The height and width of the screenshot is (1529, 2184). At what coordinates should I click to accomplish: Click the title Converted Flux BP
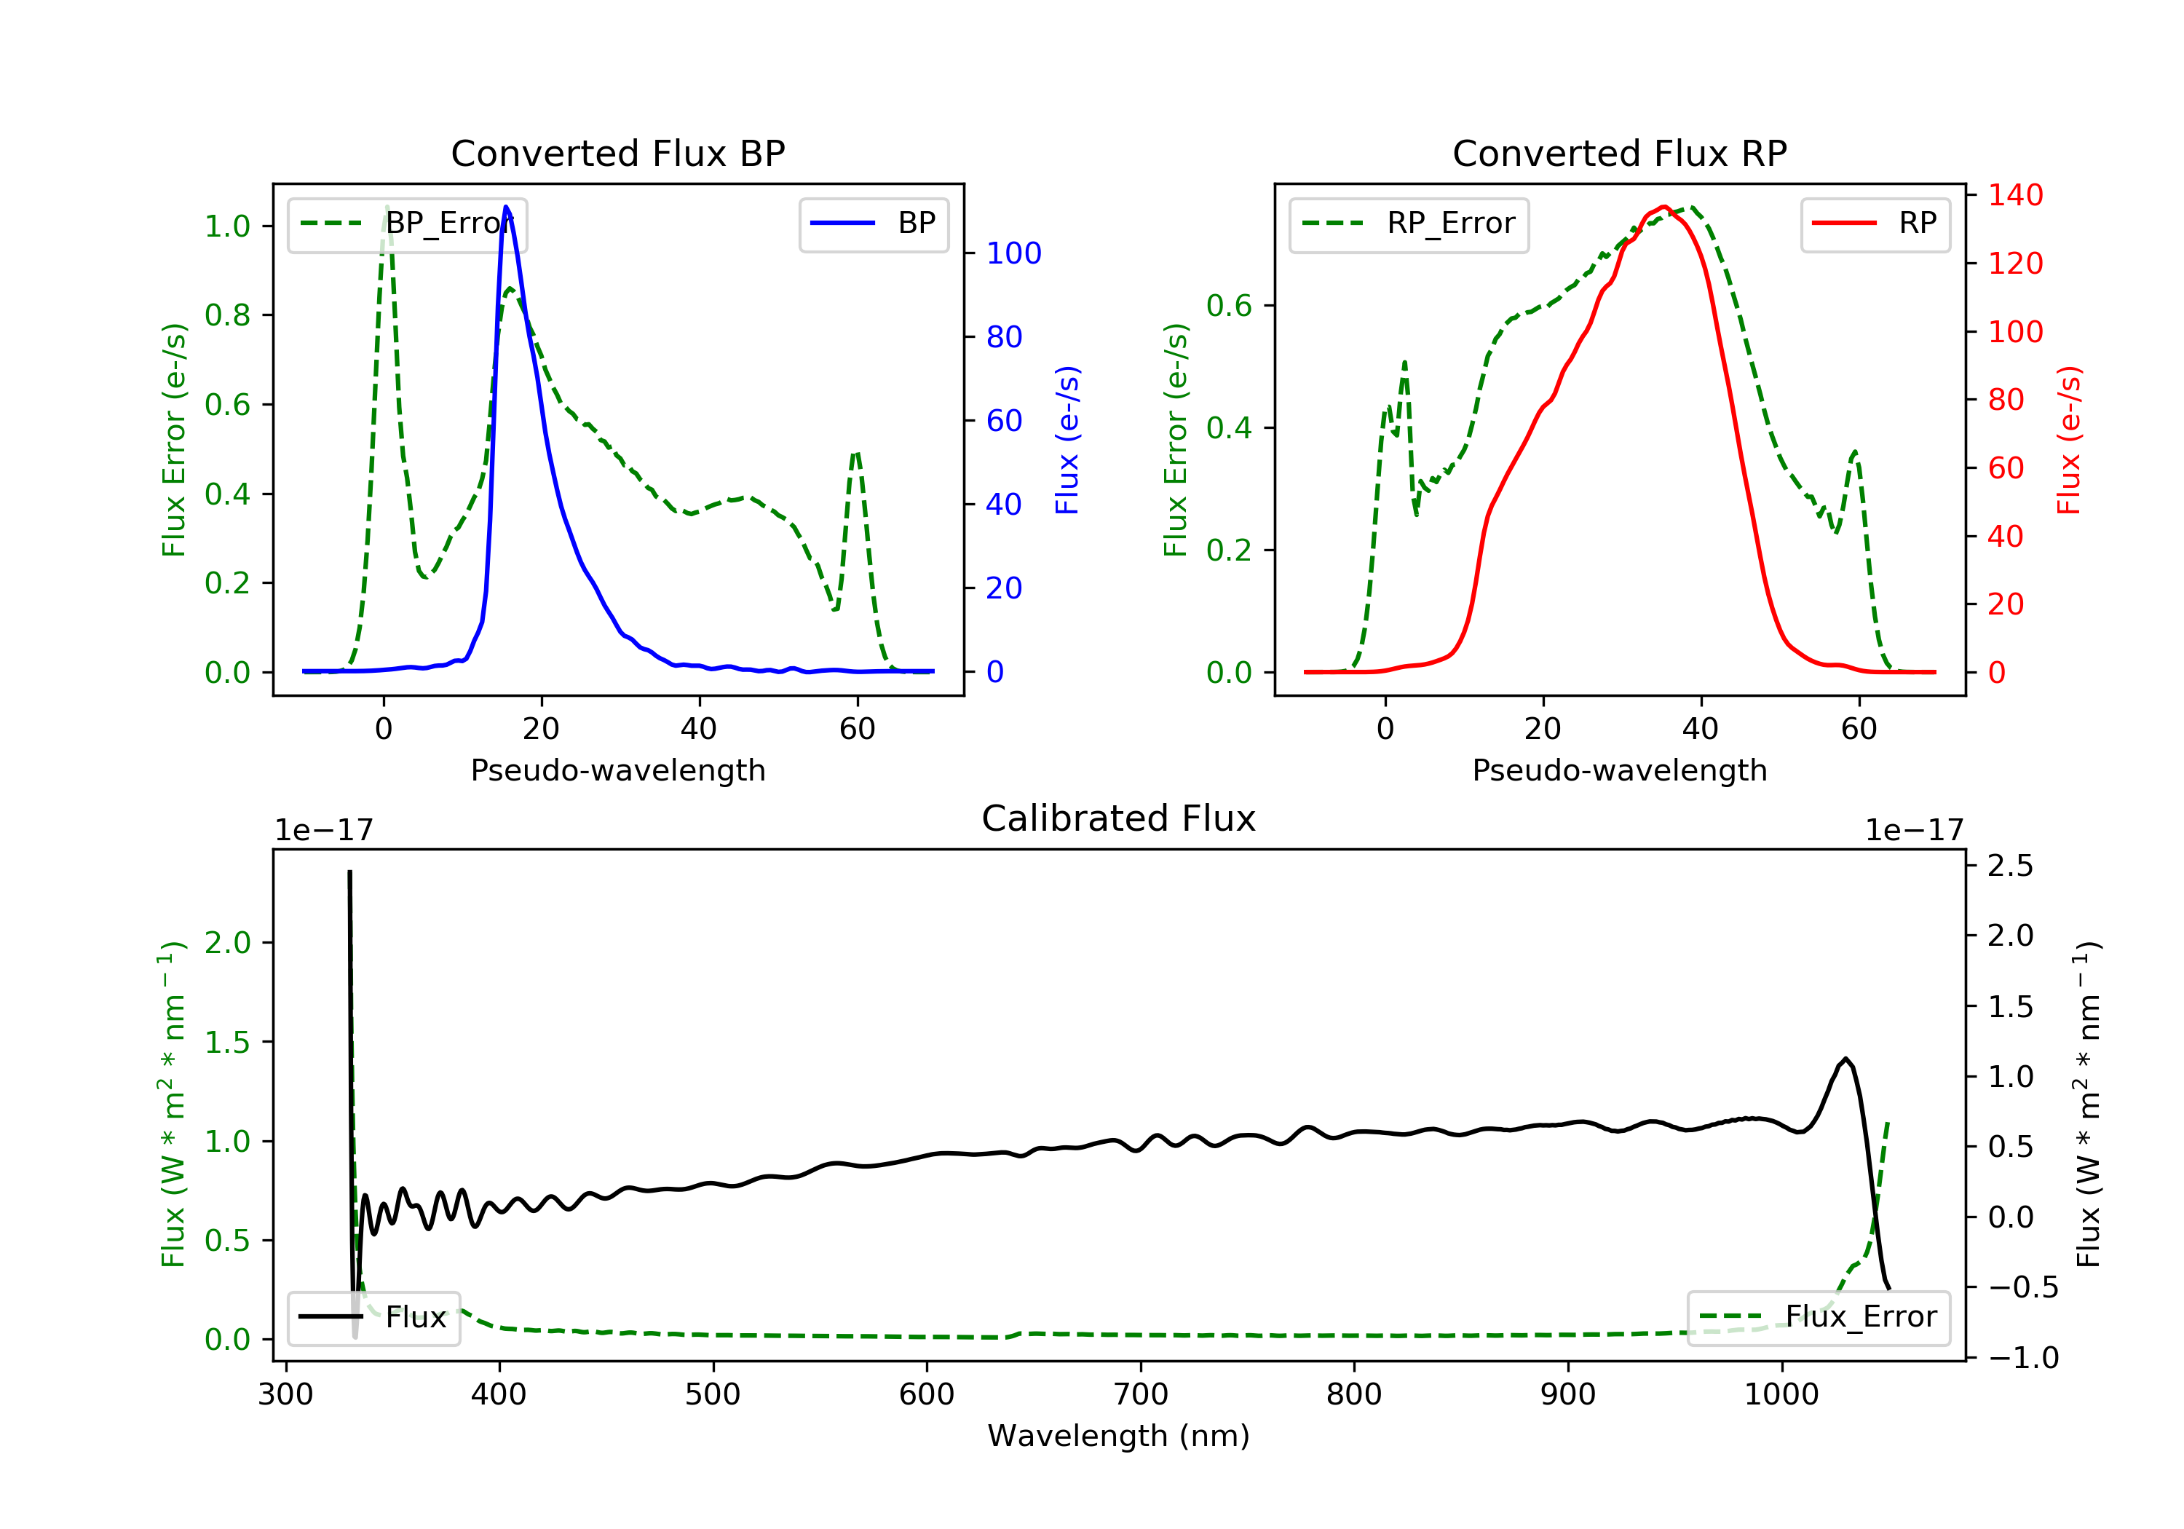tap(617, 153)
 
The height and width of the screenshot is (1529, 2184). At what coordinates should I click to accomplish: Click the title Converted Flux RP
tap(1619, 153)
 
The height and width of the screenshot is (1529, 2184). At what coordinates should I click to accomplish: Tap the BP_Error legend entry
tap(407, 224)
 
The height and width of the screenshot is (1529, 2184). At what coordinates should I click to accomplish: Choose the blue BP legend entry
tap(873, 224)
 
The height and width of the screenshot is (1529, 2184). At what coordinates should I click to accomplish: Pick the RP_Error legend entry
tap(1409, 224)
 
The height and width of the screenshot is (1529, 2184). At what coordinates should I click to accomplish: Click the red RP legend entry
tap(1875, 224)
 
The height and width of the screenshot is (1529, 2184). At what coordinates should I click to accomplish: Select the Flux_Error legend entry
tap(1818, 1317)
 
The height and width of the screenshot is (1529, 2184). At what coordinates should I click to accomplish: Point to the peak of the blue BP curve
tap(506, 207)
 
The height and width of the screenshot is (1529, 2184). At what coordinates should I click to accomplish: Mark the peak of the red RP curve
tap(1663, 207)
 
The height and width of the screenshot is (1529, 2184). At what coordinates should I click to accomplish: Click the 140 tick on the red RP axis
tap(2014, 195)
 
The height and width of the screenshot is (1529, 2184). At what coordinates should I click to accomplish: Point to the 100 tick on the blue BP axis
tap(1013, 253)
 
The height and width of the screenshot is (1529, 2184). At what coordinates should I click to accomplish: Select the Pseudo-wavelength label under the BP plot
tap(617, 770)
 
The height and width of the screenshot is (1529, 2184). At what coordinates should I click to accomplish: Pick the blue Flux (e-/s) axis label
tap(1067, 440)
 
